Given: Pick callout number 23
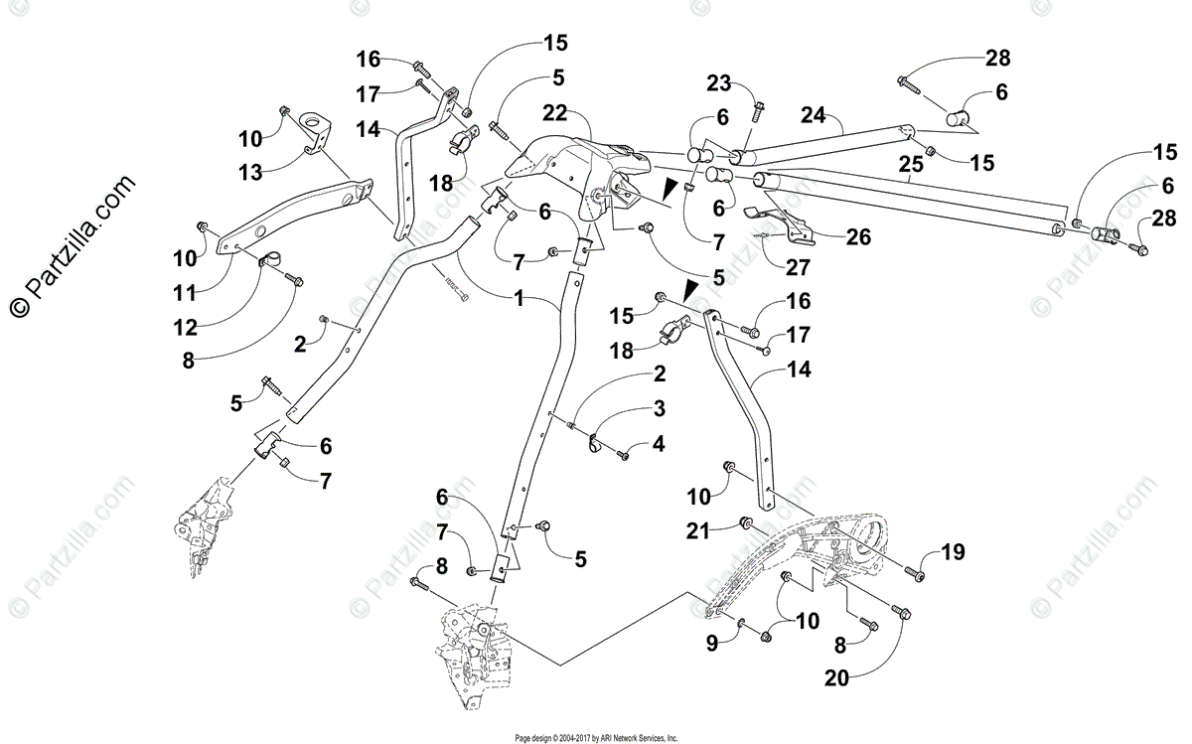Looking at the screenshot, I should (719, 82).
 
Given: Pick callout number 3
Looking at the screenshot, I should (658, 408).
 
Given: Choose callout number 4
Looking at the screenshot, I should (658, 444).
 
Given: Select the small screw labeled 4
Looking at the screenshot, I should (623, 455).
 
